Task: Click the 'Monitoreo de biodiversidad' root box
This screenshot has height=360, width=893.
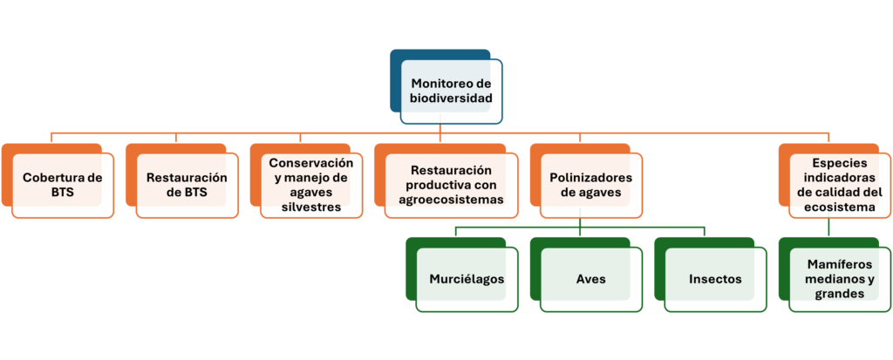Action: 446,86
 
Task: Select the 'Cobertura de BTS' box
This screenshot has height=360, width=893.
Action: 58,181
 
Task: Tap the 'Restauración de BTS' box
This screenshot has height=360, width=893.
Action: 182,181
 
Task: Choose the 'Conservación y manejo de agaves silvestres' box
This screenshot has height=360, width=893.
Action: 306,181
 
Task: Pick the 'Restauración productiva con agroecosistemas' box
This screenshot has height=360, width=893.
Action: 446,181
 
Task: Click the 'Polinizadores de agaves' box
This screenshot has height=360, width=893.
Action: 587,181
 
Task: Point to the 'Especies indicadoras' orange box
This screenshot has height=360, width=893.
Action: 835,181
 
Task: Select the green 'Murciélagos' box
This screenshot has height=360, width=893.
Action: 462,275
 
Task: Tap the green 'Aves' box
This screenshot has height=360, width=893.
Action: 587,275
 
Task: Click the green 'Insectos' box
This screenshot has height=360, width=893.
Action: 711,275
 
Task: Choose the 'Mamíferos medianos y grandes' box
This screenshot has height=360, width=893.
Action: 835,275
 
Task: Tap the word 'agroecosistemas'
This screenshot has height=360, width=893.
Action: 452,200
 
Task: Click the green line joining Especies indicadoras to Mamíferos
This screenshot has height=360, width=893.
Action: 828,228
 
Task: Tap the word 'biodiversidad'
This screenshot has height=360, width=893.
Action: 451,98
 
